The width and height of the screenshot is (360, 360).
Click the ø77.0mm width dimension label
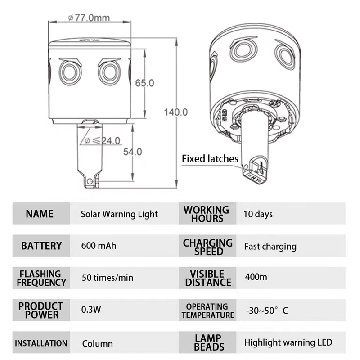[x=89, y=18]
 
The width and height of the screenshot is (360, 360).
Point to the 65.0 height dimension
[x=144, y=83]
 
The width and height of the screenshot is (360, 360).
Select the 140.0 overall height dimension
[x=176, y=112]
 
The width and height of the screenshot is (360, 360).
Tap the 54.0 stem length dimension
[x=132, y=152]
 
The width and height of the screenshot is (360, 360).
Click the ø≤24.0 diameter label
[x=103, y=140]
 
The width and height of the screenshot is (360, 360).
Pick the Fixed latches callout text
[x=210, y=159]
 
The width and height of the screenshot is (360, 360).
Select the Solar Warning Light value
[x=119, y=214]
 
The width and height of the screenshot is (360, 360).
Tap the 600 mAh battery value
[x=99, y=246]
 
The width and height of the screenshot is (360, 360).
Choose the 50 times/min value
[x=108, y=278]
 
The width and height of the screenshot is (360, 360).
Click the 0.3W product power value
[x=91, y=310]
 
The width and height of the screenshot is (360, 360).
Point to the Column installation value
[x=98, y=344]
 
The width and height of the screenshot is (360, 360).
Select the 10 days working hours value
[x=258, y=214]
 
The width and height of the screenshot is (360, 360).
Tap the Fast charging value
[x=270, y=247]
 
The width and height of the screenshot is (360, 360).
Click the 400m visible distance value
[x=256, y=277]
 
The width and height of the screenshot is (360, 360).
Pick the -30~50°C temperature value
[x=267, y=310]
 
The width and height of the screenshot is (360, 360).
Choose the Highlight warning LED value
[x=288, y=342]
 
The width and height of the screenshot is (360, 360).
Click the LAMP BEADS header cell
[x=207, y=342]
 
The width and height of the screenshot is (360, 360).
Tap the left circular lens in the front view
[x=70, y=72]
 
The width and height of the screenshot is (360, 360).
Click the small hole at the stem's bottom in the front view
[x=90, y=182]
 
